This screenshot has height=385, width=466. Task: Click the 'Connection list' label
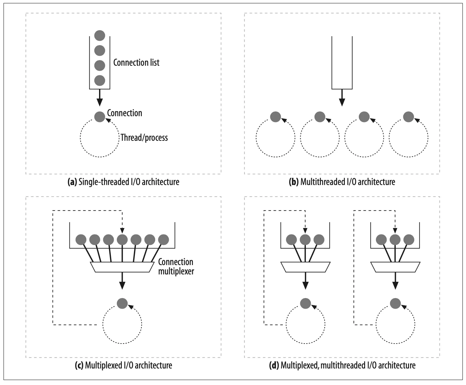[136, 63]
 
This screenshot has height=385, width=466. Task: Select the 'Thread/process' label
[144, 137]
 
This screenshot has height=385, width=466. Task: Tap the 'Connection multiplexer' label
[176, 266]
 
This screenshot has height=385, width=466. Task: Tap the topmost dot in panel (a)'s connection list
[100, 35]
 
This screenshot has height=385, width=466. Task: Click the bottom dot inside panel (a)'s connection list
[100, 80]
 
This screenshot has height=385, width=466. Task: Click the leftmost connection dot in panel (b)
[276, 117]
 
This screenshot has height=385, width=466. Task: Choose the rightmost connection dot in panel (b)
[408, 117]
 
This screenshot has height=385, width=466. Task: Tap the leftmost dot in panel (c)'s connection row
[81, 240]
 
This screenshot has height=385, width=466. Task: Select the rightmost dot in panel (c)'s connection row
[164, 240]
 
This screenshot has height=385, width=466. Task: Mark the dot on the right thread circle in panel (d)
[395, 303]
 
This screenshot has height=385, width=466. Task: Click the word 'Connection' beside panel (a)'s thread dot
[125, 113]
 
